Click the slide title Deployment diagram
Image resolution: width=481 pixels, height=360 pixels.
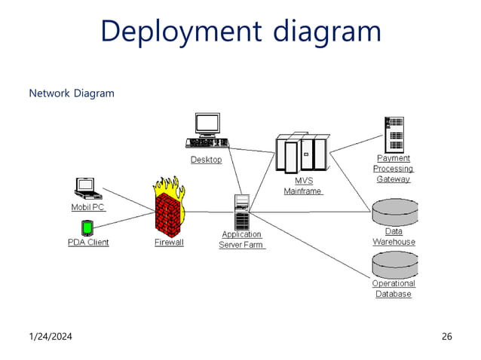pyautogui.click(x=240, y=32)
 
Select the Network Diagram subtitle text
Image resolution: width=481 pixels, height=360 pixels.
pyautogui.click(x=72, y=93)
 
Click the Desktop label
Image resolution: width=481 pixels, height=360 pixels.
pyautogui.click(x=206, y=160)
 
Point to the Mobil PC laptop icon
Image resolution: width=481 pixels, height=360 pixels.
pyautogui.click(x=85, y=188)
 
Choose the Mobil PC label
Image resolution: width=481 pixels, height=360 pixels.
pyautogui.click(x=88, y=207)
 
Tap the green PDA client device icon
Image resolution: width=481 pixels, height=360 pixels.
pyautogui.click(x=87, y=227)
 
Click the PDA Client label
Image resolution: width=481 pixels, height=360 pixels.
pyautogui.click(x=88, y=243)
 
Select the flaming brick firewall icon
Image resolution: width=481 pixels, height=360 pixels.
pyautogui.click(x=168, y=206)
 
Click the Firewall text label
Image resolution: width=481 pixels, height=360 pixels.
pyautogui.click(x=169, y=243)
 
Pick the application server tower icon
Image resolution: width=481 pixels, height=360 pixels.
pyautogui.click(x=242, y=212)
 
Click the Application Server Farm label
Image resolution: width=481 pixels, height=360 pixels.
pyautogui.click(x=242, y=239)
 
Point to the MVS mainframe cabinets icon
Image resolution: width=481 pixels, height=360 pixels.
pyautogui.click(x=302, y=154)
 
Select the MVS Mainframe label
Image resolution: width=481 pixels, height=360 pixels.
pyautogui.click(x=303, y=186)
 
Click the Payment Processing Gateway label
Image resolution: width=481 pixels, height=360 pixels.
pyautogui.click(x=394, y=169)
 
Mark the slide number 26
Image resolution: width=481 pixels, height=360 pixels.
pyautogui.click(x=446, y=336)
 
